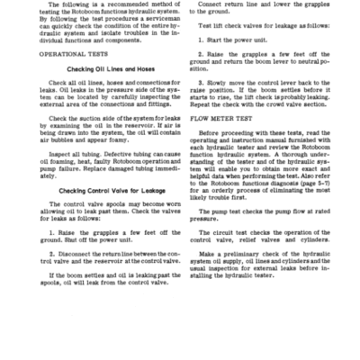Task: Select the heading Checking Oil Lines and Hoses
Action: coord(93,95)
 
